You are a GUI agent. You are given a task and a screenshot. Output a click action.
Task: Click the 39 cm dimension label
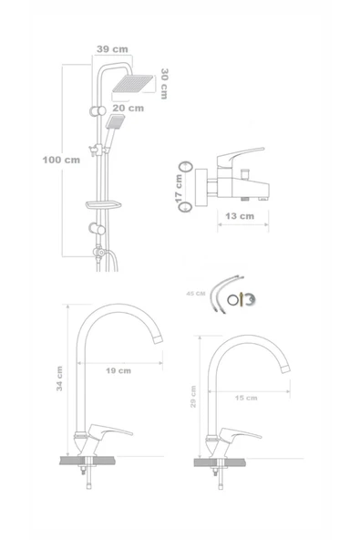coord(112,49)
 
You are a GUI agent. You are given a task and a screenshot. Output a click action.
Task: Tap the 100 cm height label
coord(61,160)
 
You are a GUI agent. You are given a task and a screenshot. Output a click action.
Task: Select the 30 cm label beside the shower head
coord(164,84)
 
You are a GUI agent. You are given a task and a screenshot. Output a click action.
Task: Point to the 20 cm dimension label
coord(128,109)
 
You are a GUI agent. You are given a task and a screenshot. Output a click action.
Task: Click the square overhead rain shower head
coord(132,84)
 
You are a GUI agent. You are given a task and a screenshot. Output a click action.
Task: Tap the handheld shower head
coord(116,122)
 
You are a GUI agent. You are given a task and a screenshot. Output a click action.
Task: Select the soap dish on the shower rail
coord(104,205)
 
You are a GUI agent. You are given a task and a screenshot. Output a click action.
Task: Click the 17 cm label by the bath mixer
coord(179,189)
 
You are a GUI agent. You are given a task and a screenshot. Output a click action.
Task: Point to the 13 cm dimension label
coord(240,216)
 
